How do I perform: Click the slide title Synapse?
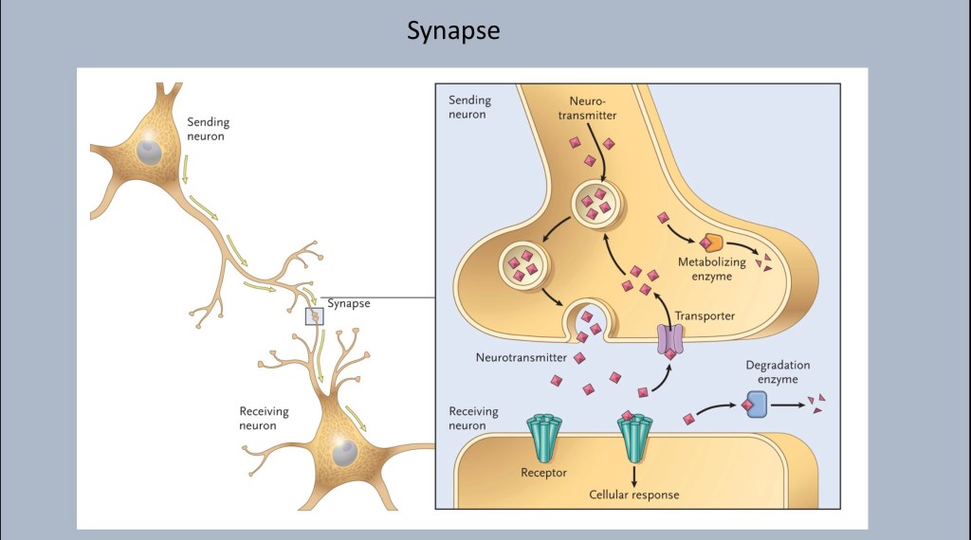coord(453,31)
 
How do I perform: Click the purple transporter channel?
coord(670,339)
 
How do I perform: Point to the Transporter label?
coord(705,315)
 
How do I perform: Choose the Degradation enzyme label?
coord(778,371)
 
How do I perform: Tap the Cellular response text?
coord(633,495)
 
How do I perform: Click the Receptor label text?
coord(543,472)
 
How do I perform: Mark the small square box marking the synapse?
coord(314,315)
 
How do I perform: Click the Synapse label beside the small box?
coord(348,304)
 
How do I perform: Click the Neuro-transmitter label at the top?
coord(594,107)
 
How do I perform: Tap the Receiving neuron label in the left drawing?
coord(265,419)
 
